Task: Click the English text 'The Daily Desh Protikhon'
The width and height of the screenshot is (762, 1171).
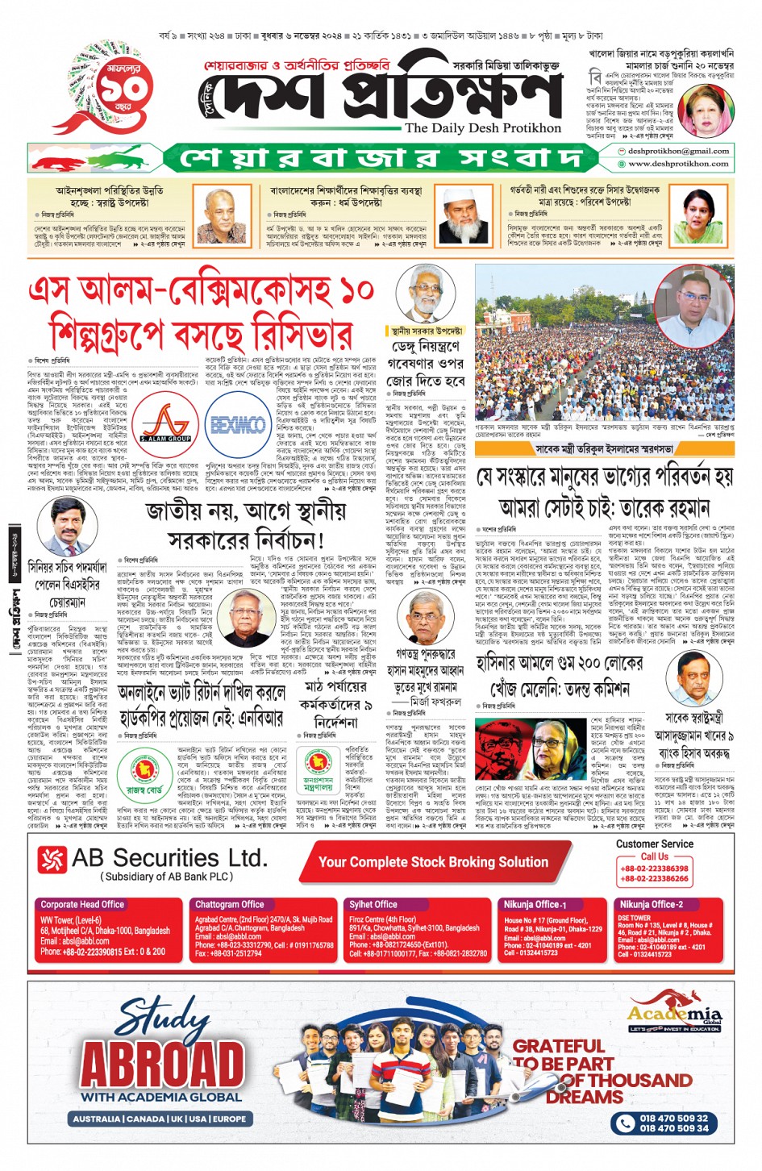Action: [482, 127]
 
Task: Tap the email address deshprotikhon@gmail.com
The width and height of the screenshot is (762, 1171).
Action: [678, 151]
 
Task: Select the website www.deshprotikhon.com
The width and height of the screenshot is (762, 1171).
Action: [678, 164]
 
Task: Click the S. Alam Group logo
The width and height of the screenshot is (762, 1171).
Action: [165, 422]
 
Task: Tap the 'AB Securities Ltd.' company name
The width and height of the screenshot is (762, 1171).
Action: [169, 857]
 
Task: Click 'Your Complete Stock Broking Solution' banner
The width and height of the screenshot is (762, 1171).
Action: [433, 861]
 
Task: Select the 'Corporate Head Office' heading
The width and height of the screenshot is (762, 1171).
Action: [82, 904]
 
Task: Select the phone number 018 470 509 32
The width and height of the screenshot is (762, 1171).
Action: [674, 1118]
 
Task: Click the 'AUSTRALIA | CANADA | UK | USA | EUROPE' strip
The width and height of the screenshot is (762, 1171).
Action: [160, 1119]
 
